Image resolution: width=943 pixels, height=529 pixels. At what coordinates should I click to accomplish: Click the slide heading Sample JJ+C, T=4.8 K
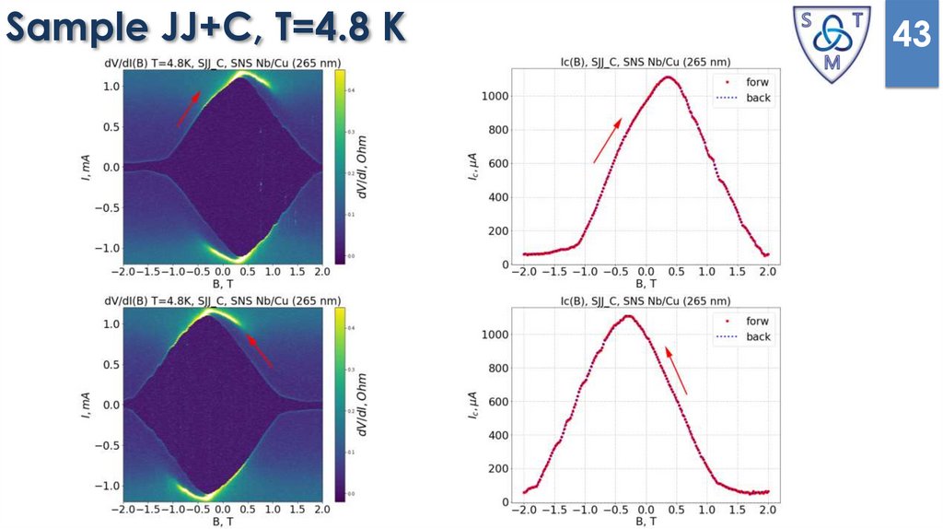pos(204,29)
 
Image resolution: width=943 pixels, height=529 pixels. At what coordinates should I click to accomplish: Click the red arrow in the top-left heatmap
pos(187,108)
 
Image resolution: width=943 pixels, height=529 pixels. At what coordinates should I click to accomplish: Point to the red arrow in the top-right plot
pos(607,140)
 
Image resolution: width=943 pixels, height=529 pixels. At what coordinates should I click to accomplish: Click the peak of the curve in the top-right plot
pos(667,77)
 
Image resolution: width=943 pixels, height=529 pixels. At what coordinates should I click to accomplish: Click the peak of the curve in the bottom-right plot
pos(628,316)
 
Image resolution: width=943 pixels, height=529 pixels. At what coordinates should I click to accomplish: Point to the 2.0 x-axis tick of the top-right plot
pos(768,272)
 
